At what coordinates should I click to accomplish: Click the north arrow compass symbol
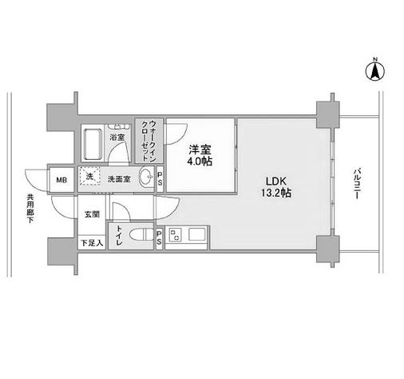click(x=375, y=70)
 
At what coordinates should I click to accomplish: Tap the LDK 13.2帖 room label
click(x=276, y=187)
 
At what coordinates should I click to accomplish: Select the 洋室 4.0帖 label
click(x=200, y=156)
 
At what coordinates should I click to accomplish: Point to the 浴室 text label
click(x=117, y=138)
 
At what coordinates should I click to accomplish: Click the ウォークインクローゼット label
click(x=149, y=141)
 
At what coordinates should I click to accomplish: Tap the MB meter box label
click(x=61, y=180)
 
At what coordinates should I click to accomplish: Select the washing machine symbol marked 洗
click(x=89, y=176)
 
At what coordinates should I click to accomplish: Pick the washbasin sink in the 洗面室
click(x=146, y=177)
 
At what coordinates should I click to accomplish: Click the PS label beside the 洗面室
click(x=160, y=179)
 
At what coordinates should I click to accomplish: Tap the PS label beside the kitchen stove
click(x=159, y=237)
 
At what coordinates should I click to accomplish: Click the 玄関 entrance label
click(x=92, y=214)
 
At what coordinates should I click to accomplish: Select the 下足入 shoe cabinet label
click(x=92, y=243)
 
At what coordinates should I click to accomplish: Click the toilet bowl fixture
click(x=141, y=234)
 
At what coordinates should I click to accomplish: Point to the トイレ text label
click(x=119, y=236)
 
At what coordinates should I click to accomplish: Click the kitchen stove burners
click(x=175, y=235)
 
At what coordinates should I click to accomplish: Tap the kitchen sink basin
click(x=197, y=234)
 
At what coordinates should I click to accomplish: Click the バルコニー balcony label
click(x=357, y=183)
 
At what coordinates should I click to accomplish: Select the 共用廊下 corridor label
click(x=30, y=209)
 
